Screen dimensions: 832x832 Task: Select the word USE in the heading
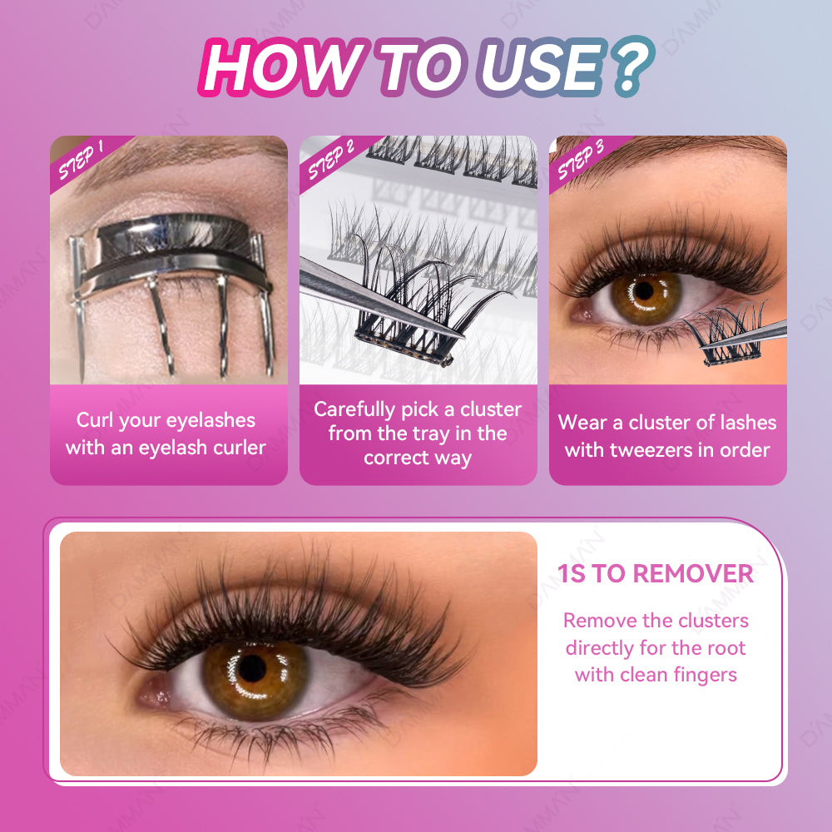542,67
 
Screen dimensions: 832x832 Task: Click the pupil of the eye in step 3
645,290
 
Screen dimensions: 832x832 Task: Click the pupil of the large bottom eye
253,669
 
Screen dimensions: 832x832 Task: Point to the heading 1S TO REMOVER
656,573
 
